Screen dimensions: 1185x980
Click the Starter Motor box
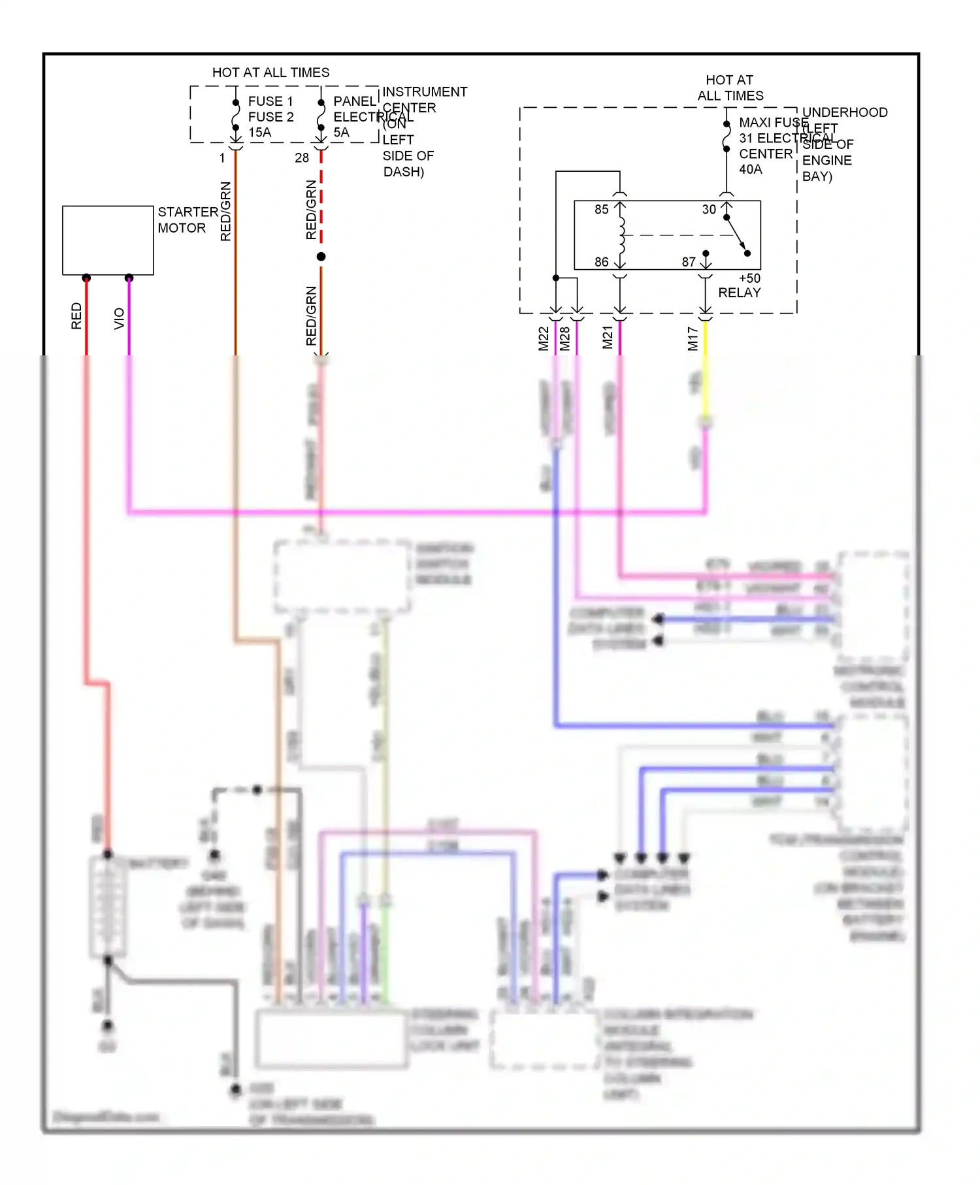108,240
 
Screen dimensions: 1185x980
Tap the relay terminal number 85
601,210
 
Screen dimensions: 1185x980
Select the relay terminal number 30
709,210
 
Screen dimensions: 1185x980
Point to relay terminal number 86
601,262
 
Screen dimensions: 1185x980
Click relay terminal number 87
689,262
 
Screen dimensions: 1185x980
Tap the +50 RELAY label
740,285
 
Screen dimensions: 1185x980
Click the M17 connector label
693,338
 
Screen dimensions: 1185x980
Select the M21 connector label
608,337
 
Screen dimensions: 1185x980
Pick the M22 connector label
544,338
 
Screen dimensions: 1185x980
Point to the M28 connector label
565,338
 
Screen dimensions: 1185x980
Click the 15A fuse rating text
259,133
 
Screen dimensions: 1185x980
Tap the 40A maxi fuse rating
750,170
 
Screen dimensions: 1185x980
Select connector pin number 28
301,158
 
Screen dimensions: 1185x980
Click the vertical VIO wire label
119,319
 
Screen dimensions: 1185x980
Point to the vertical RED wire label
76,316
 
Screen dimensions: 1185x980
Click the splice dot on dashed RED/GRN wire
321,257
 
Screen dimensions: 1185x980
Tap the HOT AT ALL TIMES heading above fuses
270,73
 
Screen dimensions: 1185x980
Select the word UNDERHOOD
844,112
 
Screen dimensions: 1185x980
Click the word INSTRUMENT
425,92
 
